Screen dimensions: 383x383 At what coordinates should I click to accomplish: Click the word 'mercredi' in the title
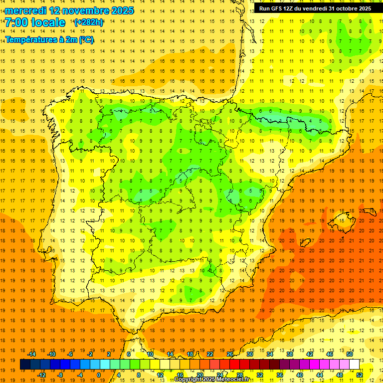pos(25,10)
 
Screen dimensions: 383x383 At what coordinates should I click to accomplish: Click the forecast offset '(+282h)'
pos(88,22)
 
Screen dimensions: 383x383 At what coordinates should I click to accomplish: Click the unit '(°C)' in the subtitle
pos(85,40)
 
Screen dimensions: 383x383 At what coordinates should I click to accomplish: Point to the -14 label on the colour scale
pos(32,354)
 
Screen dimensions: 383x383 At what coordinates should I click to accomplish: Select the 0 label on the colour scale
pos(99,375)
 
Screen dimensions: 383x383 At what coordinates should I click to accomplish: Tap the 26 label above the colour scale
pos(230,354)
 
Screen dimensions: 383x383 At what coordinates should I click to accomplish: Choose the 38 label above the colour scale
pos(290,354)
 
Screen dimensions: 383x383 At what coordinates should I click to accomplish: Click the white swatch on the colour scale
pos(355,365)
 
